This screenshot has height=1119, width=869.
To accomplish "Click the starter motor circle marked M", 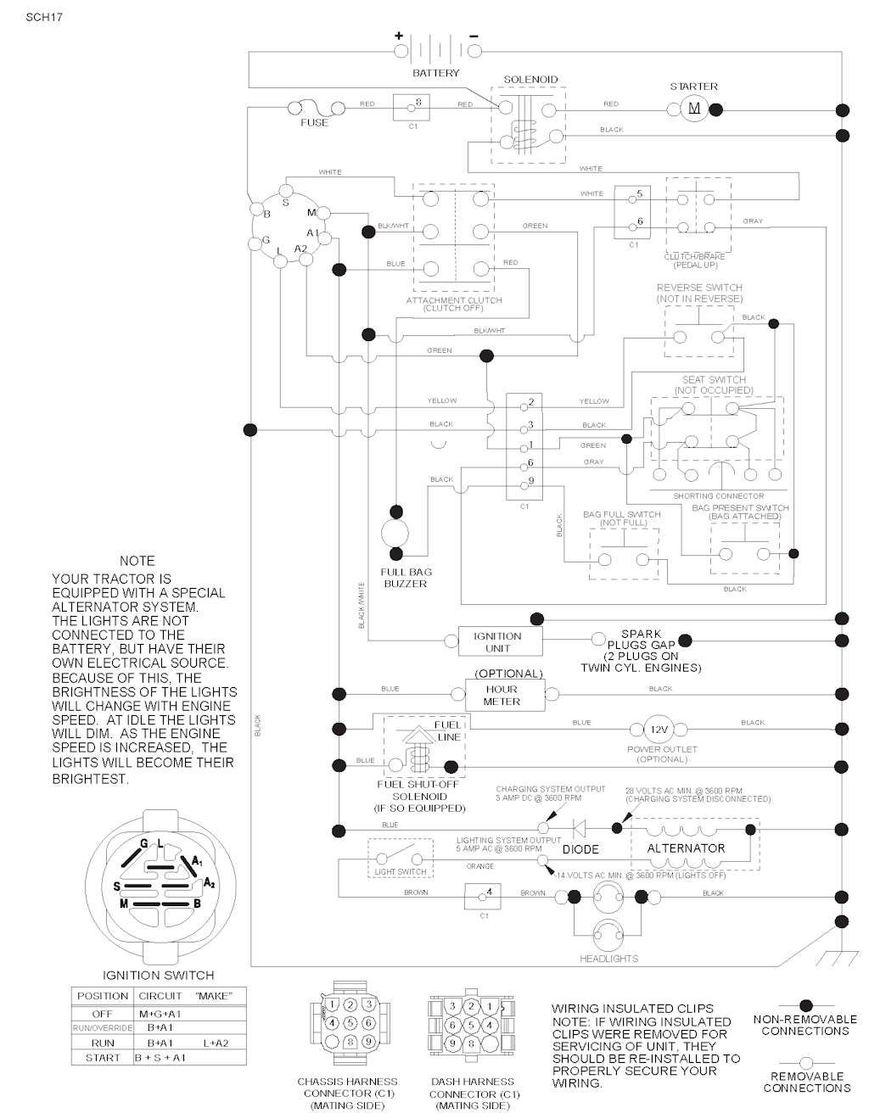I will coord(694,108).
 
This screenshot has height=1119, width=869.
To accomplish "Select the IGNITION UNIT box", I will coord(497,642).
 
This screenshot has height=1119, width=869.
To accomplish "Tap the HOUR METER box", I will coord(501,696).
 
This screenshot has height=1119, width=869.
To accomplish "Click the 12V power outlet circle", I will coord(659,730).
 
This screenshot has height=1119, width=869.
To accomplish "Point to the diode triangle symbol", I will coord(580,827).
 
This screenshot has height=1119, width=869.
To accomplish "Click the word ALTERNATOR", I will coord(686,848).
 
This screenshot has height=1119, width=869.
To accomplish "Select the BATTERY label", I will coord(435,73).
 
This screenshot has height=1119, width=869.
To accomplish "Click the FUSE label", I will coord(314,123).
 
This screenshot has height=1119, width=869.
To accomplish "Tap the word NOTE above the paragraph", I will coord(137,561).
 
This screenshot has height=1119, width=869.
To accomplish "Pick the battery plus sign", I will coord(398,36).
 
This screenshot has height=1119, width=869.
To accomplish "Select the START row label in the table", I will coord(102,1058).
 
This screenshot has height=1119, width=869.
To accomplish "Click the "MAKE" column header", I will coord(213,996).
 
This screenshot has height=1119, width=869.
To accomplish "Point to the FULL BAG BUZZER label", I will coord(405,578).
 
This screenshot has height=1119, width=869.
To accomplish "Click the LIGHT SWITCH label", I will coord(401,871).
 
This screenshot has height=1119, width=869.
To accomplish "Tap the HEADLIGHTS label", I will coord(608,959).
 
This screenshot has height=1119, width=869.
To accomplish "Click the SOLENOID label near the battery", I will coord(530,80).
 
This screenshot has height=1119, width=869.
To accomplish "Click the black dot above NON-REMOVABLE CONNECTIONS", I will coord(805,1006).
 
